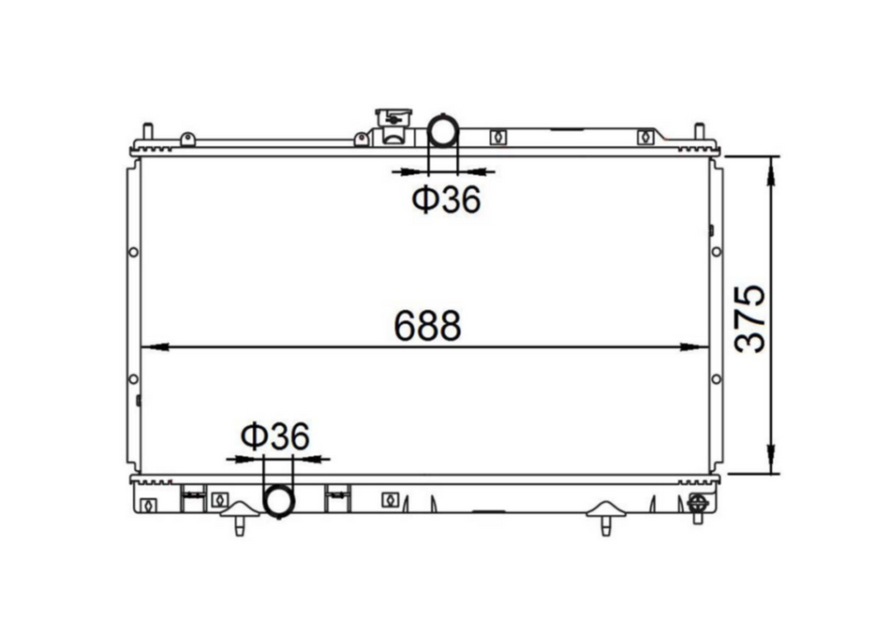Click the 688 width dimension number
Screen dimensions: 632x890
point(427,326)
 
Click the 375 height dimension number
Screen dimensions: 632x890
point(750,318)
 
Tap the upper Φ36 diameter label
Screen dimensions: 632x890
point(446,199)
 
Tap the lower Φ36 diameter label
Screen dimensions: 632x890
point(274,435)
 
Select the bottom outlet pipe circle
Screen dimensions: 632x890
point(279,501)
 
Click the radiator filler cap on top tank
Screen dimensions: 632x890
point(392,120)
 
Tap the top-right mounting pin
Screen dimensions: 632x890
point(698,131)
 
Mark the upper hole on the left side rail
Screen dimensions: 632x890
point(133,252)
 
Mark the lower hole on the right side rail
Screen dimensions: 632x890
point(717,379)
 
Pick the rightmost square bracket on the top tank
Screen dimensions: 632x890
point(644,138)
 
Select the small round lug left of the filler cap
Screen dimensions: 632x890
point(361,140)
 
